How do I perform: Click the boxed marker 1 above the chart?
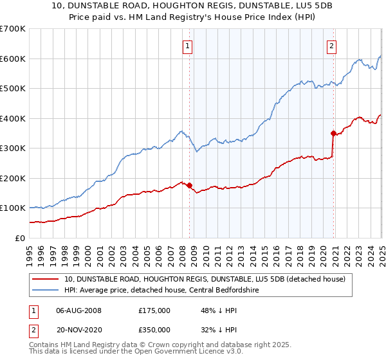187,46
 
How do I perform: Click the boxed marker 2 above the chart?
331,46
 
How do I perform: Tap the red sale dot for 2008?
189,186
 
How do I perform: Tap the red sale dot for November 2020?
333,134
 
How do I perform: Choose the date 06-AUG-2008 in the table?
79,310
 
